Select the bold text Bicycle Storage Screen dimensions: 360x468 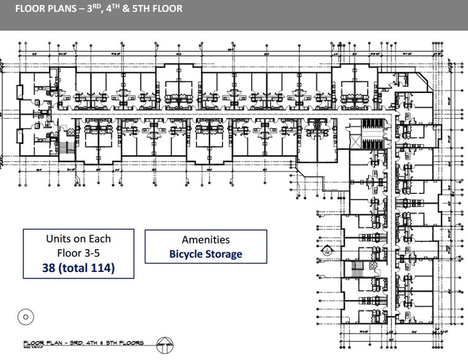tap(206, 253)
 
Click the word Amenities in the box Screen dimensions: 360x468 tap(206, 240)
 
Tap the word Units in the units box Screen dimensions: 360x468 tap(60, 238)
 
